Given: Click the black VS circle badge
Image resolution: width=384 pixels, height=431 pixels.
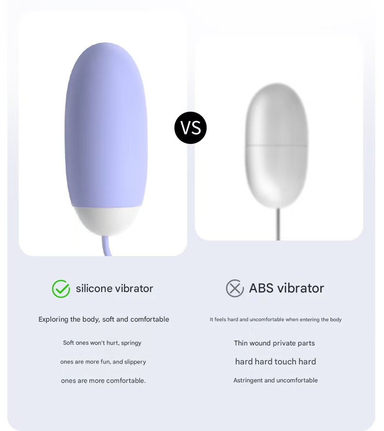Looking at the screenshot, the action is point(190,128).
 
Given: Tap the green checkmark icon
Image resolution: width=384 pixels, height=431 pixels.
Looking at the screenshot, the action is point(61,289).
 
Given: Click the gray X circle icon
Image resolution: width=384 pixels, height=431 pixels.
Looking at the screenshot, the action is point(235,288).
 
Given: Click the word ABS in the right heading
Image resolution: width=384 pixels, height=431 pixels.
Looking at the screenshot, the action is point(262,288).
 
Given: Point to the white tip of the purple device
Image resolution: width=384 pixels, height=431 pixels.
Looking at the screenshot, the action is point(106,221).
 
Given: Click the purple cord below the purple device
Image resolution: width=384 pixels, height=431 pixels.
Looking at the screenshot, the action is point(106,246).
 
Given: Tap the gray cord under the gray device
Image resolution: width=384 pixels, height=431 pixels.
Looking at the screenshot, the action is point(278,224).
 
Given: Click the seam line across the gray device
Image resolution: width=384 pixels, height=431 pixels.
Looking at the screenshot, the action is point(276,145).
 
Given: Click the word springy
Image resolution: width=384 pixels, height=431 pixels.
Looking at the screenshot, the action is point(131,343).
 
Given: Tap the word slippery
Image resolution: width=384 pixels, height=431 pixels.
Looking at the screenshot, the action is point(135,362).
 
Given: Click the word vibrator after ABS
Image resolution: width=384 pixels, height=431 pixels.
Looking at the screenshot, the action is point(300,288).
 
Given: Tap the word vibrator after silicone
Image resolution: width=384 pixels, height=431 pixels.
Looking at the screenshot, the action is point(134,288).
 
